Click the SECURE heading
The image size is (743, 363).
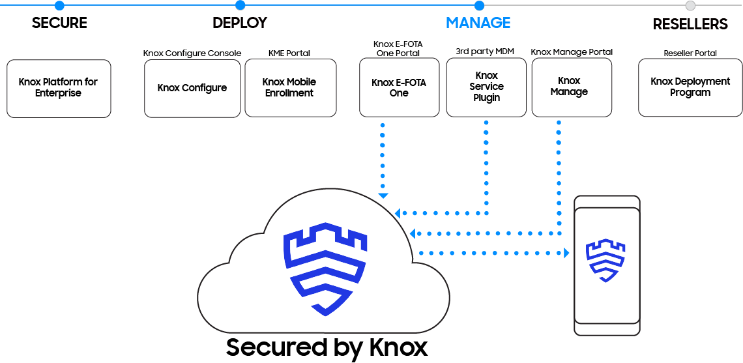[59, 23]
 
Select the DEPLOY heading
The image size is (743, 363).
[240, 23]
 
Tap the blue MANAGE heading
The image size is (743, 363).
[478, 23]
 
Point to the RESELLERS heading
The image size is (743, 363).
[690, 24]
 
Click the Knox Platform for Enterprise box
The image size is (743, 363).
[59, 88]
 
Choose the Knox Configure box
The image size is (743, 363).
[192, 88]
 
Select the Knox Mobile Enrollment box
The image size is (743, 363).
[290, 88]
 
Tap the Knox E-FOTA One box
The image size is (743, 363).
[399, 88]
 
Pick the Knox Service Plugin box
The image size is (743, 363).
[486, 87]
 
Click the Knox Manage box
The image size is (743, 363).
[571, 87]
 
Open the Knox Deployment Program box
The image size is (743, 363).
[690, 87]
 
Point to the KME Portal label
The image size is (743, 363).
[289, 53]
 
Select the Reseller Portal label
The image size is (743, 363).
[690, 53]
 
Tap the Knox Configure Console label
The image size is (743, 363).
[192, 53]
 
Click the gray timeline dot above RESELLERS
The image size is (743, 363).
[690, 6]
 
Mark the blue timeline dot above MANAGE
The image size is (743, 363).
[479, 6]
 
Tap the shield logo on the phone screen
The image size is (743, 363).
[605, 260]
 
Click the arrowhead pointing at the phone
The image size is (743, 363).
[566, 253]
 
